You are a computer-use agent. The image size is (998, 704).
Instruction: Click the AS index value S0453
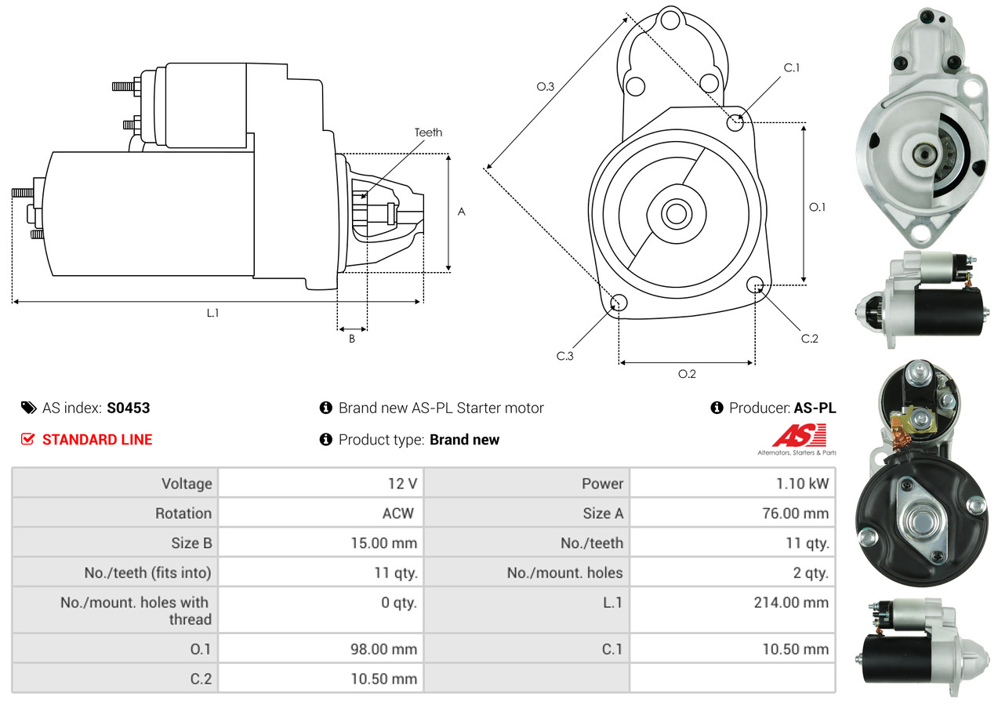[129, 408]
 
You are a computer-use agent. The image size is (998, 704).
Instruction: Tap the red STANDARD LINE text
[97, 439]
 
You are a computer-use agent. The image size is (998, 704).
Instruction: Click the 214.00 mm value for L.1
[791, 602]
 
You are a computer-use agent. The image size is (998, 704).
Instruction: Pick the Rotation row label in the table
[183, 513]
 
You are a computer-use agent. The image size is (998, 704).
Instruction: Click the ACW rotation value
[397, 513]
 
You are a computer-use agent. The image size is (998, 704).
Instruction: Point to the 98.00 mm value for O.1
[383, 649]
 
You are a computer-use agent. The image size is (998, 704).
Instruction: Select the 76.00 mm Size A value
[795, 513]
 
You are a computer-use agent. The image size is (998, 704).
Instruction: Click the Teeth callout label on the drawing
[428, 132]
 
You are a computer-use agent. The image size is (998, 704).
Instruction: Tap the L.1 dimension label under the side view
[212, 314]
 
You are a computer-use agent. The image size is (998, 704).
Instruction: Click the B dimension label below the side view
[352, 339]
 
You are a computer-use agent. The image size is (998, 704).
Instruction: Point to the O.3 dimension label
[546, 86]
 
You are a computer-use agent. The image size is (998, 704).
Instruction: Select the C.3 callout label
[564, 356]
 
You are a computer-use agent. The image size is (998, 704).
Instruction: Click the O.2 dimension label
[687, 374]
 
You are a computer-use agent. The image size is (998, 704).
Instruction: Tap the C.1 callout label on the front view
[792, 67]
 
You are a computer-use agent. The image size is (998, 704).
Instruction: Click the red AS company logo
[800, 435]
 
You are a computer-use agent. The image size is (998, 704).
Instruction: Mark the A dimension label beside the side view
[462, 212]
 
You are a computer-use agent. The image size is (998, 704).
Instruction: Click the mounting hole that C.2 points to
[755, 285]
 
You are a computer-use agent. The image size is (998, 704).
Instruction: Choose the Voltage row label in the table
[187, 484]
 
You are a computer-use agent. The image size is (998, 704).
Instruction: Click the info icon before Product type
[325, 439]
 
